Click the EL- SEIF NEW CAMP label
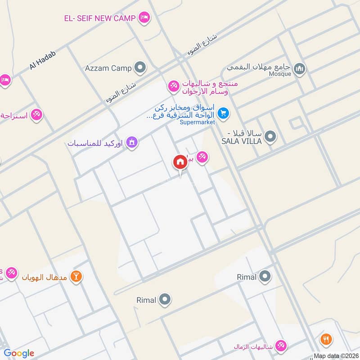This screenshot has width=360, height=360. coord(99,18)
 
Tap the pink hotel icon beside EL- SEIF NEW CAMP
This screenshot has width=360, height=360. coord(144,18)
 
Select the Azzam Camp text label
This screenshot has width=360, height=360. coord(108,68)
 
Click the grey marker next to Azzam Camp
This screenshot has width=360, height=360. coord(141,68)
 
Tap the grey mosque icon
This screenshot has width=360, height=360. coord(299,69)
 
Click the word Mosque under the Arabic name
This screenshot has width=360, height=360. coord(280,74)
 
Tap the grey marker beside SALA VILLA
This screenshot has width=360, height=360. coord(270,136)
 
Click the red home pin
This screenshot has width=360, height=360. coord(180,162)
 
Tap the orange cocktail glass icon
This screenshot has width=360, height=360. coord(76,277)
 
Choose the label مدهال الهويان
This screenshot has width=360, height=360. coord(45,277)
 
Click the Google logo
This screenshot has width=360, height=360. coord(19,353)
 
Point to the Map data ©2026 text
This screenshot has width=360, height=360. coord(335,355)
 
